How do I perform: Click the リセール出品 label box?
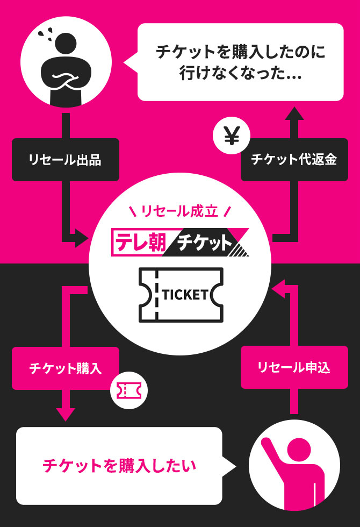[x=65, y=160]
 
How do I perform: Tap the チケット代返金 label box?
[x=294, y=160]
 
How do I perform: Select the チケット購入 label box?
[x=65, y=368]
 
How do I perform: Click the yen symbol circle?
[x=231, y=138]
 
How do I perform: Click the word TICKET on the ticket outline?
[x=185, y=295]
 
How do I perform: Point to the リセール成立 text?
[x=179, y=211]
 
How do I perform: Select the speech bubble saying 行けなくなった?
[x=240, y=62]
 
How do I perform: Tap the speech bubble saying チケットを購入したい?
[x=119, y=466]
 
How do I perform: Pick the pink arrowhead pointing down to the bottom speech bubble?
[x=65, y=414]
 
